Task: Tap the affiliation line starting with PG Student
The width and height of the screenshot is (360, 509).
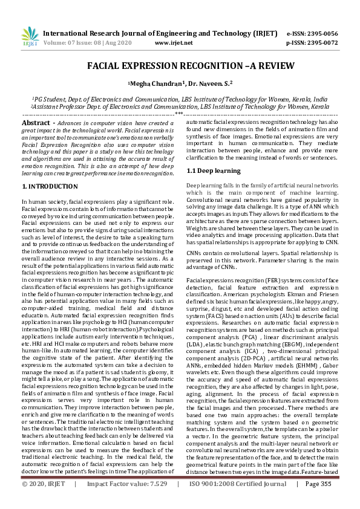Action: [x=180, y=99]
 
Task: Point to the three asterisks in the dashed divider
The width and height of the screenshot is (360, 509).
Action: [x=180, y=114]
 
